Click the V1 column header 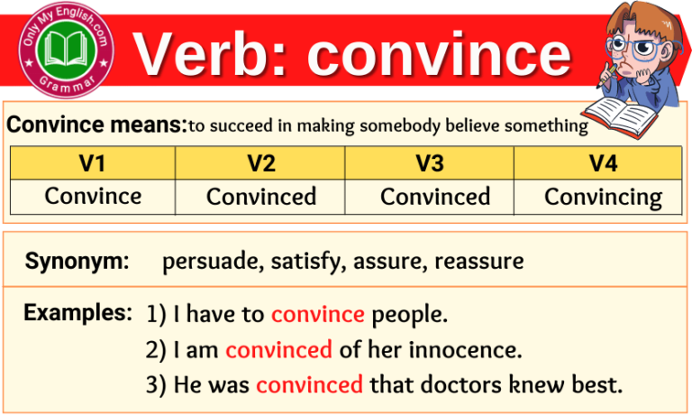tap(93, 163)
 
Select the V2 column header tap(260, 163)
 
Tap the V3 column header tap(430, 163)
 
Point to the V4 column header tap(601, 163)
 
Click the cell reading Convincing tap(603, 197)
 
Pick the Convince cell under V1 tap(93, 196)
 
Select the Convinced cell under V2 tap(261, 197)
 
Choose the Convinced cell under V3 tap(435, 197)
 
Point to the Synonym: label tap(77, 263)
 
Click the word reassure tap(479, 263)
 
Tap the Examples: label tap(78, 313)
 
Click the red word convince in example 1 tap(317, 315)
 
